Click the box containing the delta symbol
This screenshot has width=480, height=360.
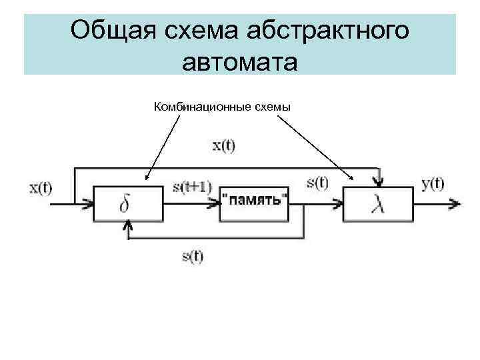(x=128, y=203)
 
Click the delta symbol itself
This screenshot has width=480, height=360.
(x=125, y=204)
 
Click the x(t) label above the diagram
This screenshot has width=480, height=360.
(x=223, y=146)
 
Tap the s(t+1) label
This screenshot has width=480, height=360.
(x=191, y=187)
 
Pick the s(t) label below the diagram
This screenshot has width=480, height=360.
(x=193, y=255)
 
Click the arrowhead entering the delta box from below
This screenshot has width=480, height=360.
(x=127, y=226)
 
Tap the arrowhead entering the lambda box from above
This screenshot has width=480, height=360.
(x=378, y=183)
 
